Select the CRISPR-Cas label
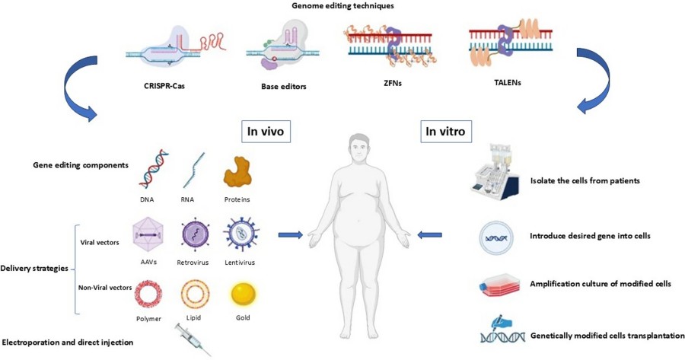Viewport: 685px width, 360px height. click(x=164, y=85)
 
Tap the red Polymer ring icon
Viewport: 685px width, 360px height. click(x=149, y=294)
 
